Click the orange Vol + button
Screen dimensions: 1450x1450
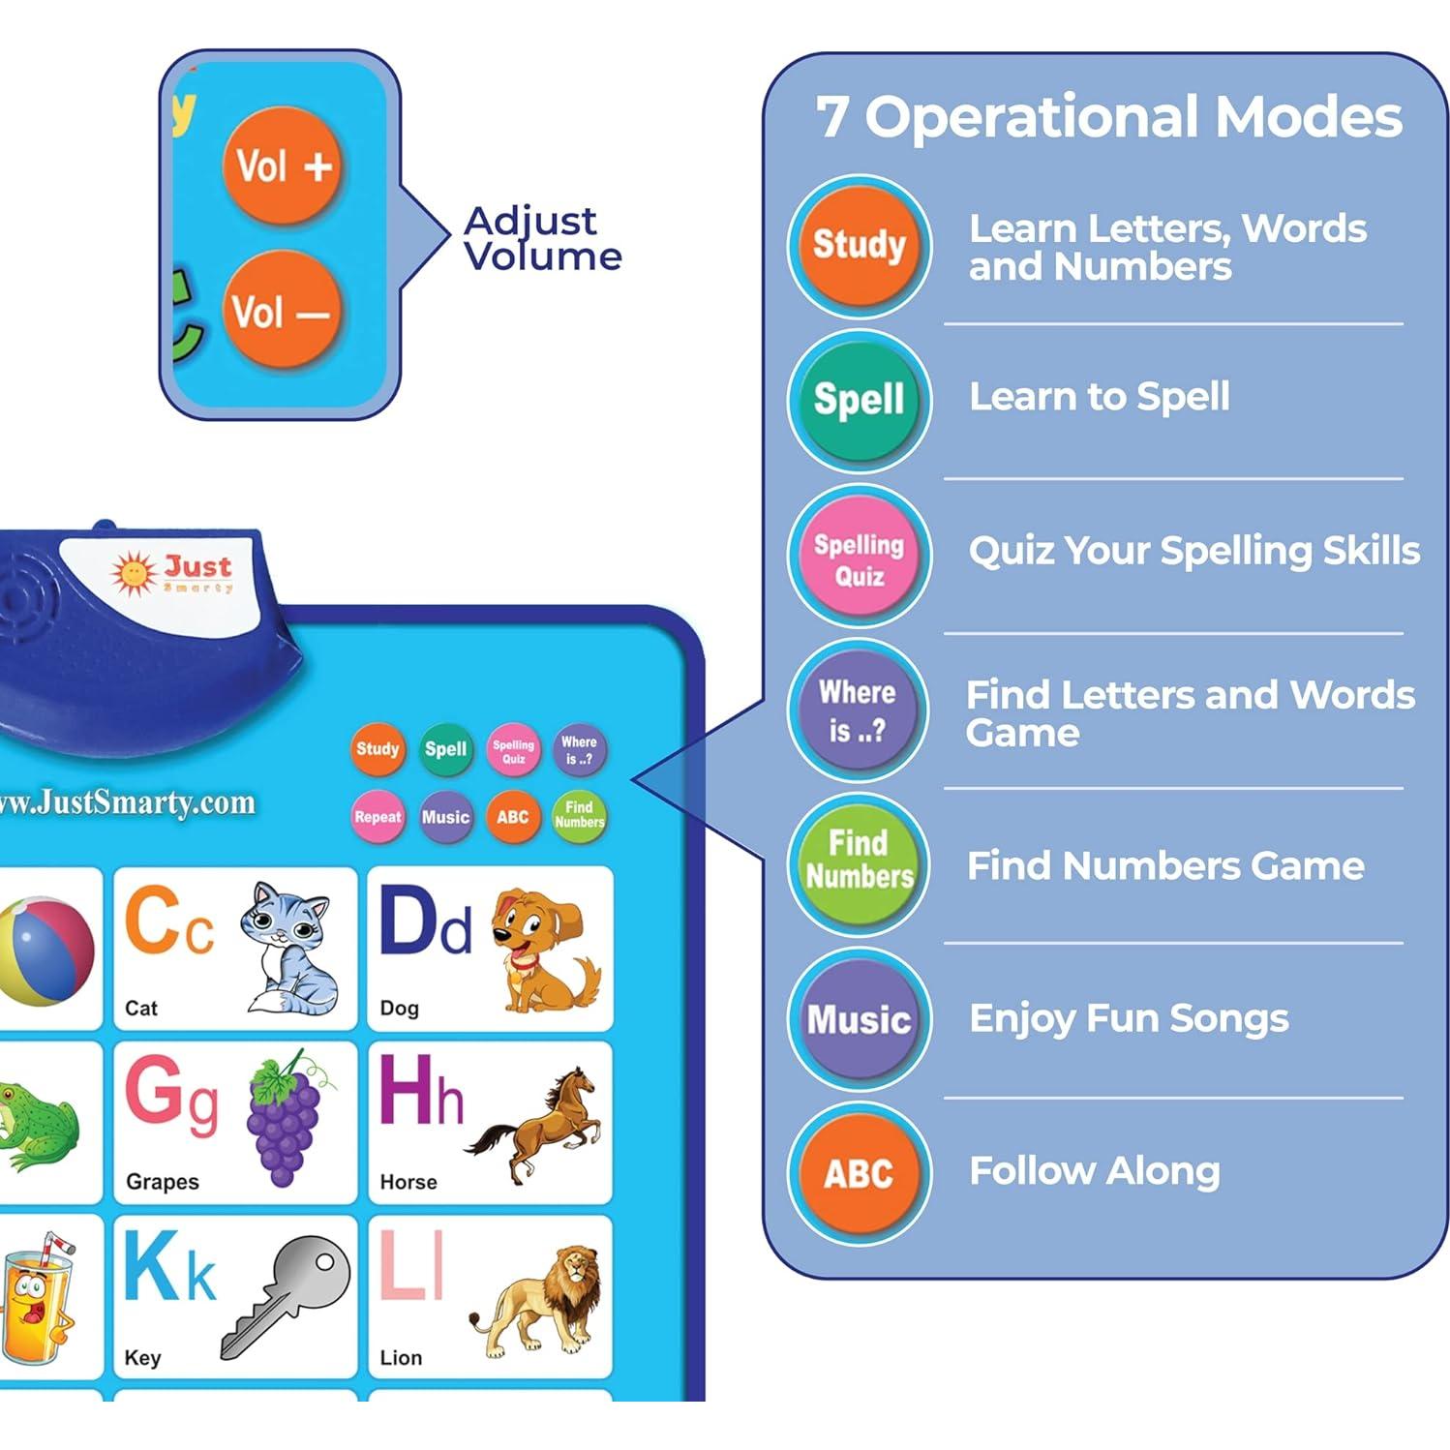pos(283,166)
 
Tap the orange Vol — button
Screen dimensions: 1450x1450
pos(281,312)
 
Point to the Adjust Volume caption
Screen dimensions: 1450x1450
pos(542,238)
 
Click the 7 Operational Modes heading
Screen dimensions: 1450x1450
pos(1109,117)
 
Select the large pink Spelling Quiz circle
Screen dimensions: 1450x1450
pos(860,559)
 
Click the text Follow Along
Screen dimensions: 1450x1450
pos(1094,1171)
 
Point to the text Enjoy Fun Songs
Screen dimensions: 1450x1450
pos(1129,1018)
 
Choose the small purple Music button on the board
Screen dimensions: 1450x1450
pos(445,817)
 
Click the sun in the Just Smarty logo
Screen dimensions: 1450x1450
pos(134,572)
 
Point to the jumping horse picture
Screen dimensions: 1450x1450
pos(536,1123)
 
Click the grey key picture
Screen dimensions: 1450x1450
pos(287,1293)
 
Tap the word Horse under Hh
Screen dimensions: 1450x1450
pos(408,1182)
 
